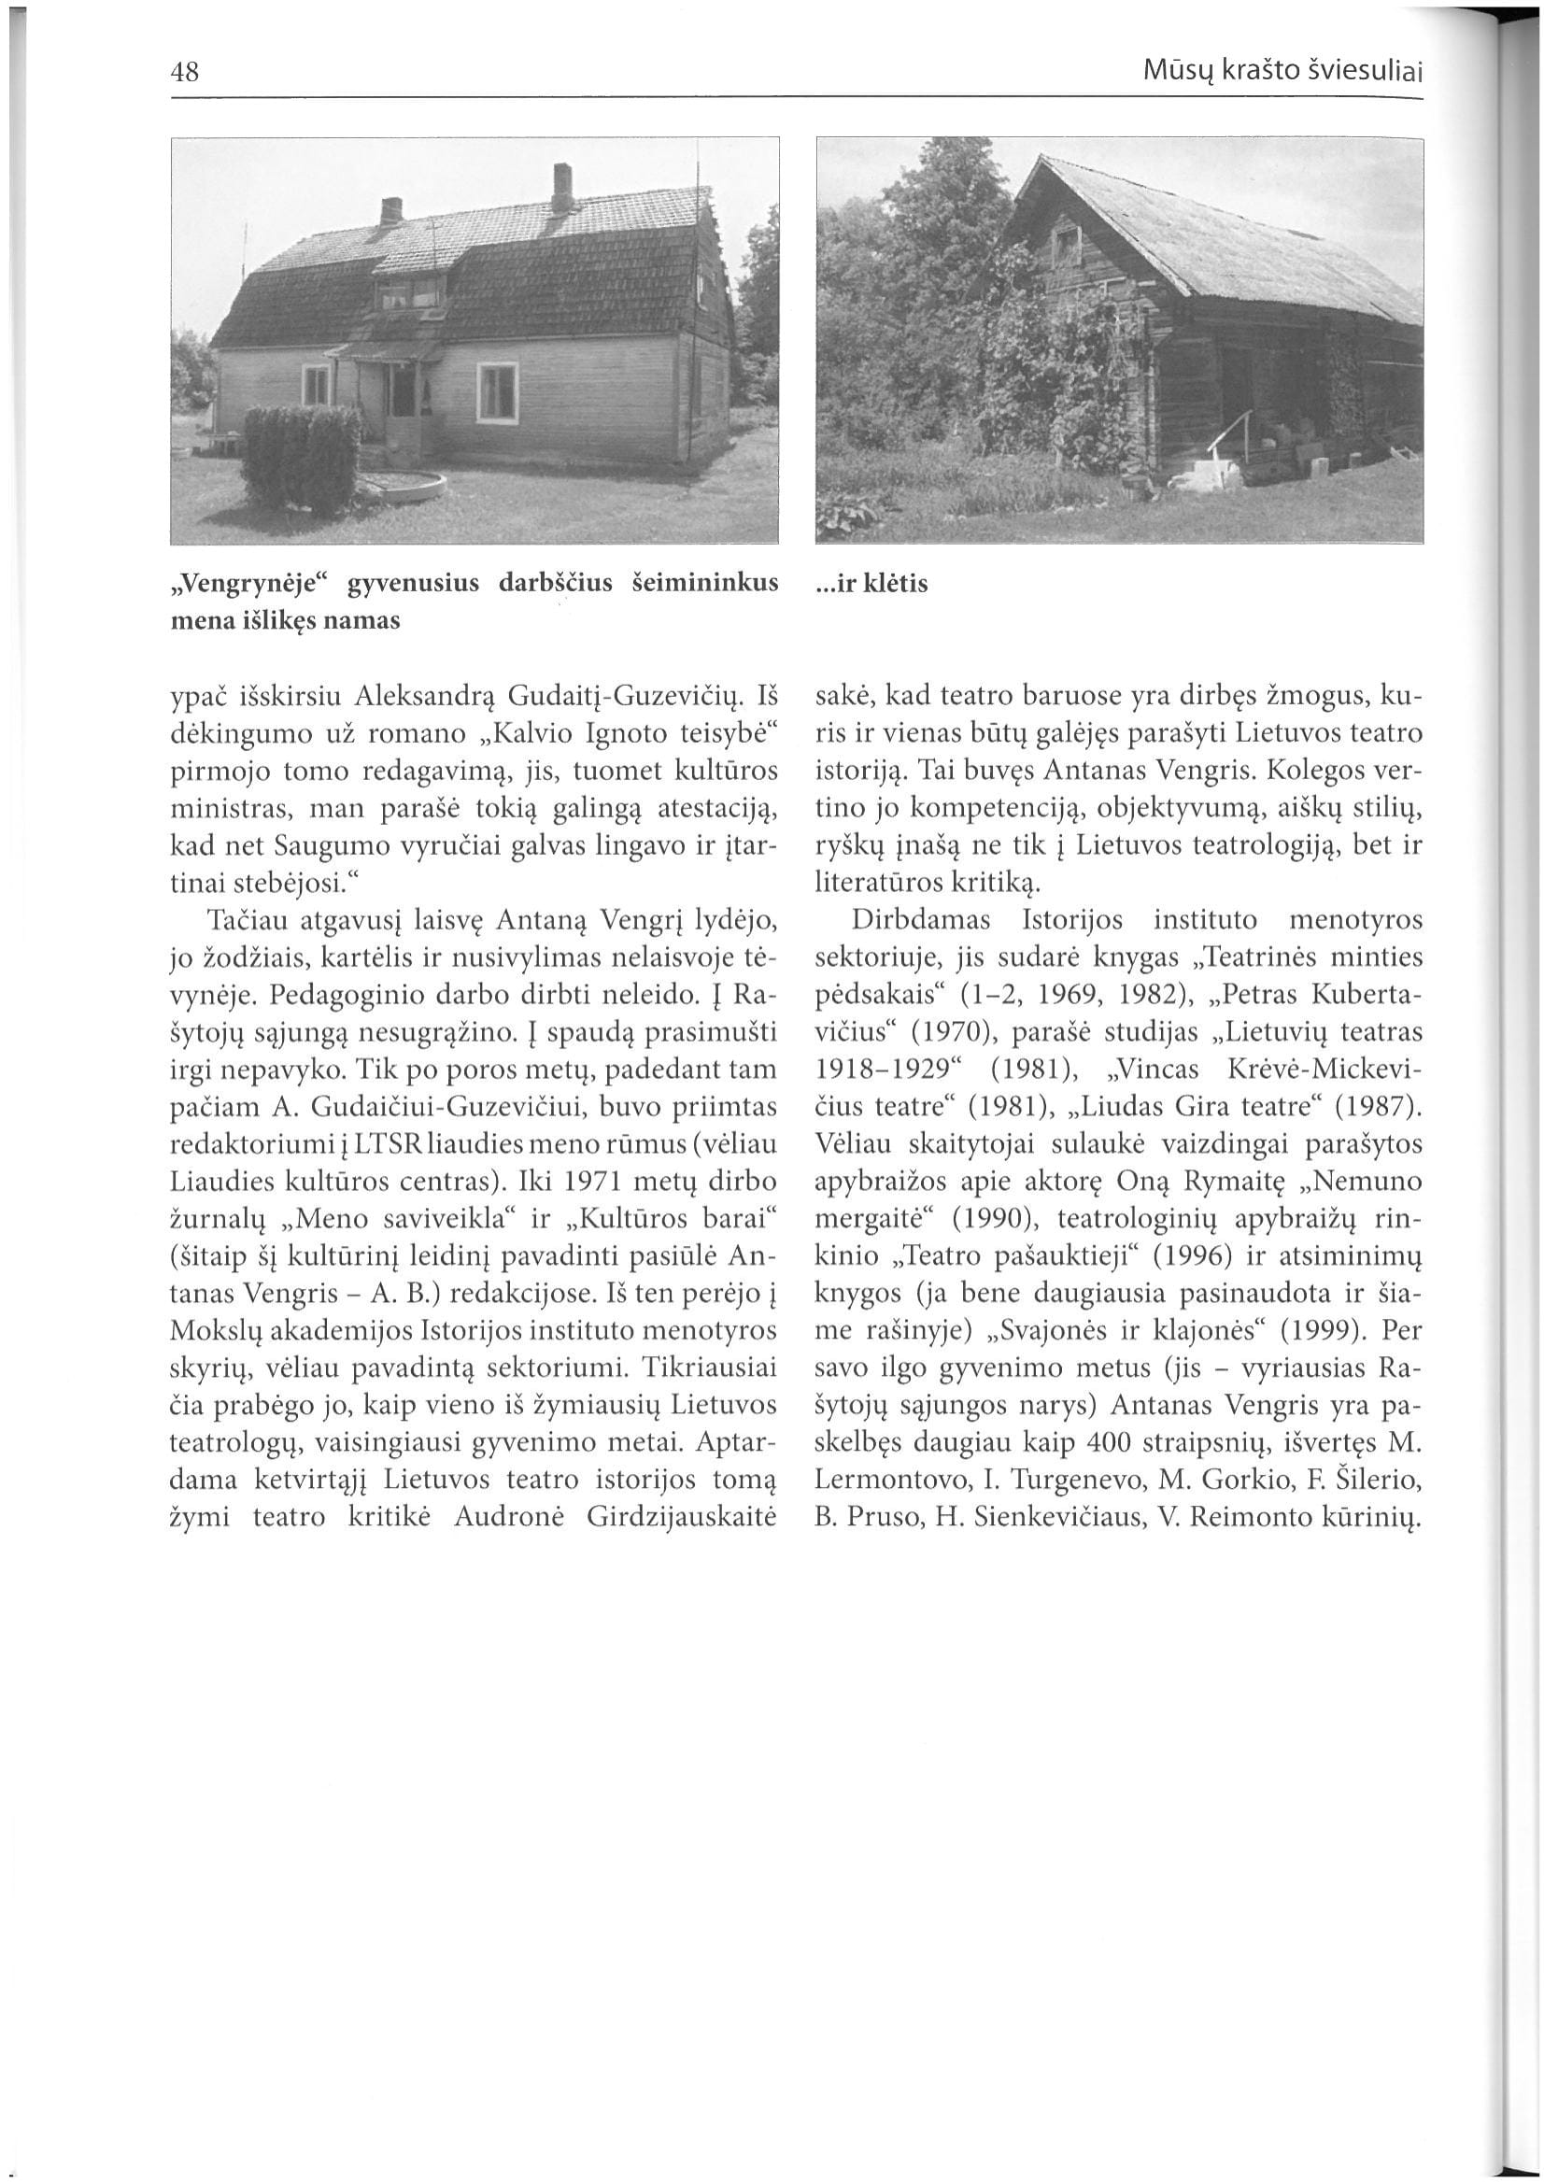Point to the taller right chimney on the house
click(563, 189)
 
